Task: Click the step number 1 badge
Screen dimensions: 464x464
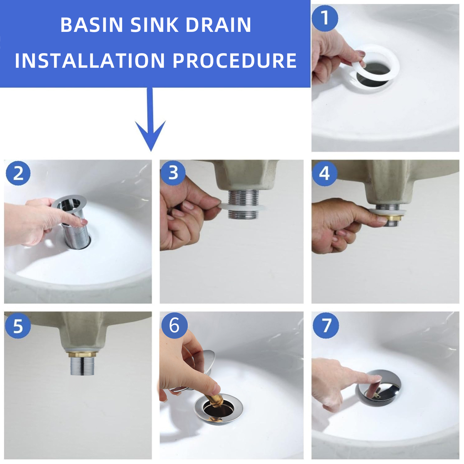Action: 325,18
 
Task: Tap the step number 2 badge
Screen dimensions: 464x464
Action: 18,173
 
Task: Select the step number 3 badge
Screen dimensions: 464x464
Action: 173,173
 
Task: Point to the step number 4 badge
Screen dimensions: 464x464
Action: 324,173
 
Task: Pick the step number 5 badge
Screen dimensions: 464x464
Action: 18,326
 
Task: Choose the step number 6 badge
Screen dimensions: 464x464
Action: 174,325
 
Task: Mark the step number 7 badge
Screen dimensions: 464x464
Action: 326,325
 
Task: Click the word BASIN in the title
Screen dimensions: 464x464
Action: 92,25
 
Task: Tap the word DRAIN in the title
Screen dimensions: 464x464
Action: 218,25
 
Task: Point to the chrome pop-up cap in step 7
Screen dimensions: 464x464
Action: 378,388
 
